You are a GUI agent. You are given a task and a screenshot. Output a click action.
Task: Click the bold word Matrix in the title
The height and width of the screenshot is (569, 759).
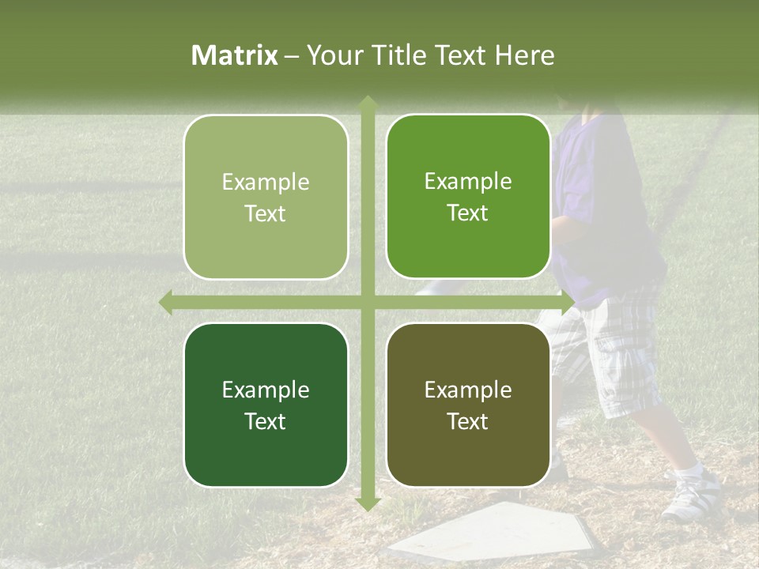235,55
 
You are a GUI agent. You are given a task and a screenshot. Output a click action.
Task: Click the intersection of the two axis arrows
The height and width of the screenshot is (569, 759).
367,302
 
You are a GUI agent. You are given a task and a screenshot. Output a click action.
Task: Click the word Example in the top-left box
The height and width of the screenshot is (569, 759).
266,183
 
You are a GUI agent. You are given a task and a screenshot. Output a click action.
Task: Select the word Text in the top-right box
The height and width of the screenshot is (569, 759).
468,213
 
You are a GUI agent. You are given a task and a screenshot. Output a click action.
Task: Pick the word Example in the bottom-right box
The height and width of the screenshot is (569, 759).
468,390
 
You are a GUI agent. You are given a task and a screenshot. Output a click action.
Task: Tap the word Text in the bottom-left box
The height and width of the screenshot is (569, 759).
266,421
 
